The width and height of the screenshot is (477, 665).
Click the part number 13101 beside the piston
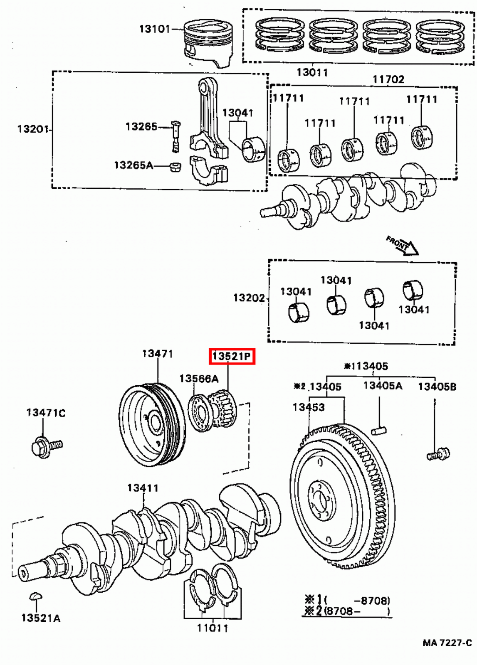[x=154, y=29]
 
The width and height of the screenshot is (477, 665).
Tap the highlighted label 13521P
[x=232, y=356]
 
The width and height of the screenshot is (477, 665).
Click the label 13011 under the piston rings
[x=312, y=72]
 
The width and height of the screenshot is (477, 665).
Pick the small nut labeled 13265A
[x=175, y=167]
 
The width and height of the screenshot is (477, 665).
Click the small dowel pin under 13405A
[x=379, y=430]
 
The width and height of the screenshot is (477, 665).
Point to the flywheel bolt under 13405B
[x=439, y=454]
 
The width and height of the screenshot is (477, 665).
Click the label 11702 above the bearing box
[x=388, y=79]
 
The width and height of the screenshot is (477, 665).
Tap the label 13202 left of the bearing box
[x=249, y=298]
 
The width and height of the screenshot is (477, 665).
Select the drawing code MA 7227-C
[x=447, y=643]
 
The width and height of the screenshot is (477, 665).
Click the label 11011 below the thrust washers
[x=213, y=628]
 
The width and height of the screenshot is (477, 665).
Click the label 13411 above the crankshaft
[x=143, y=488]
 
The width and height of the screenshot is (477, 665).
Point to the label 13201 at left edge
[x=33, y=129]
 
